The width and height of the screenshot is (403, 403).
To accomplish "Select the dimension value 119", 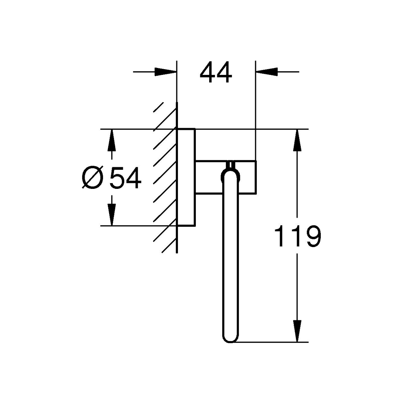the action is (x=298, y=236).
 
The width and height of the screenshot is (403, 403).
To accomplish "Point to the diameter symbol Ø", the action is (x=92, y=178).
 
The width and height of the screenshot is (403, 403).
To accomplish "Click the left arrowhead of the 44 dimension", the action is (x=166, y=72).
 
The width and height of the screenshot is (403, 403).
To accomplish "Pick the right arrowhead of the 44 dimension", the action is (x=267, y=72).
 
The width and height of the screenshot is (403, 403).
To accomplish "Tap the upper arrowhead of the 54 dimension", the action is (x=112, y=140).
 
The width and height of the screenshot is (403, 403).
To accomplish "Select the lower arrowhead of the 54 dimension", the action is (x=112, y=215).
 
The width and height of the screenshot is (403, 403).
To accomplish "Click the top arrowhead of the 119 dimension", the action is (x=298, y=140).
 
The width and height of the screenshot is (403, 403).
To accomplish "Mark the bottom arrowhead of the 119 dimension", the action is (x=298, y=331).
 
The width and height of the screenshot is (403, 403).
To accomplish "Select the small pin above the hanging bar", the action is (x=230, y=165).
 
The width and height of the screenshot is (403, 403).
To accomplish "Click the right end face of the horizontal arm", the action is (x=256, y=177).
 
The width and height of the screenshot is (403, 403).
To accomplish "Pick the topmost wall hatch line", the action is (x=158, y=107).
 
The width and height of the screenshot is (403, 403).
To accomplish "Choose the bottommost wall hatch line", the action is (x=169, y=245).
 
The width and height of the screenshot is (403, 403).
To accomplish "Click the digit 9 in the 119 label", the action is (x=313, y=236).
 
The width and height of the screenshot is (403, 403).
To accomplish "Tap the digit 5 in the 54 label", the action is (x=117, y=178).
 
